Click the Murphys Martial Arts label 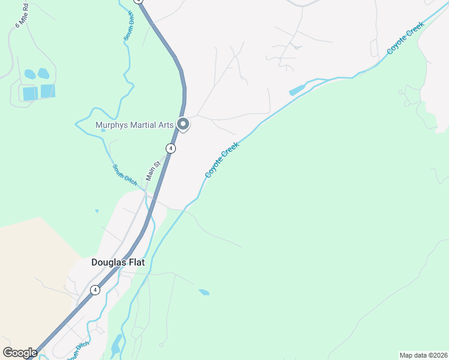(x=134, y=125)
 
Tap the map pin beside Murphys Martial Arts (x=184, y=124)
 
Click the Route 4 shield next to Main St (x=171, y=148)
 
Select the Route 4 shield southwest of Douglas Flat (x=95, y=290)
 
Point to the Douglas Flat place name (x=118, y=262)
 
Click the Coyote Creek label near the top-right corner (x=406, y=38)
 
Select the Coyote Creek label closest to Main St (x=222, y=159)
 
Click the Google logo (x=20, y=353)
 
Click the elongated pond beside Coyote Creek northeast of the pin (x=297, y=91)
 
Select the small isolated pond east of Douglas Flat (x=204, y=292)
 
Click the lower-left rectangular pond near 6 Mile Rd (x=29, y=94)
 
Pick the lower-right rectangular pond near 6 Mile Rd (x=47, y=91)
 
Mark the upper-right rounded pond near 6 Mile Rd (x=43, y=73)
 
